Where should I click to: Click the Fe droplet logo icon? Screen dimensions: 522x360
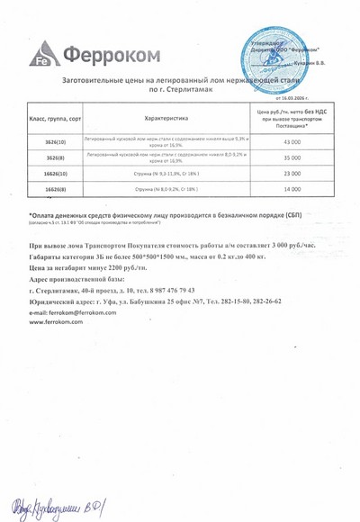pos(44,56)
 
